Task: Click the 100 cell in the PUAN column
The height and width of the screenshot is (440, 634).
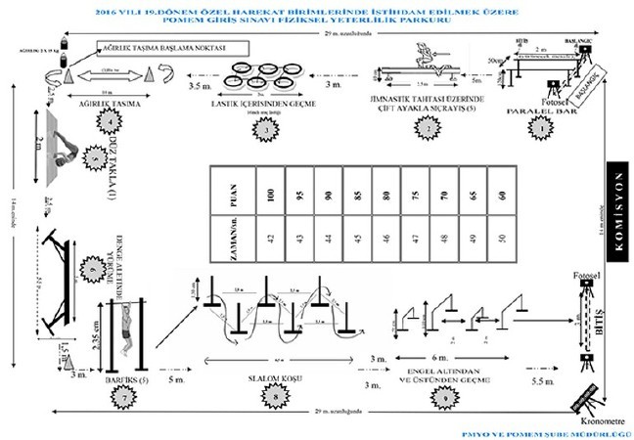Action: tap(262, 188)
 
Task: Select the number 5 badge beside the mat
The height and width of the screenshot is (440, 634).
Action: tap(96, 157)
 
